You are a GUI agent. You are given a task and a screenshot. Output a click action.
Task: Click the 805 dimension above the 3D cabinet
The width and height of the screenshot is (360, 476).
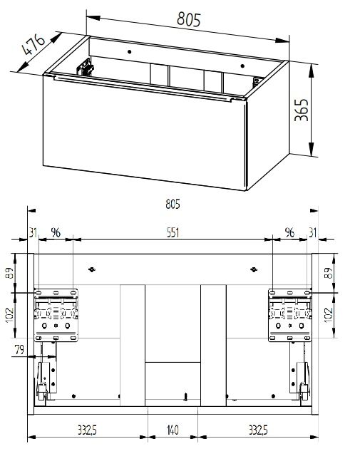point(189,19)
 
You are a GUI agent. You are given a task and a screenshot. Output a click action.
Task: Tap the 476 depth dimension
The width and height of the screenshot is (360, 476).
point(34,45)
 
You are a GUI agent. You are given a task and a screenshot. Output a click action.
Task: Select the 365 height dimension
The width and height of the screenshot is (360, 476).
point(302,110)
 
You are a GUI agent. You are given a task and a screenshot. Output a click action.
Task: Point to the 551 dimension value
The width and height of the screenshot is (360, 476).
point(173,233)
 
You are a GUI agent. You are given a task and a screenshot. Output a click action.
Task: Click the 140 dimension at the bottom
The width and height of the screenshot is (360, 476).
point(173,430)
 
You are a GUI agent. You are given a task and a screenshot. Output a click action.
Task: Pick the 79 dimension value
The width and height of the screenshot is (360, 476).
point(19,349)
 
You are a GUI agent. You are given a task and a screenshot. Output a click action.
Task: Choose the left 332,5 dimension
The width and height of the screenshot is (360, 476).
point(87,430)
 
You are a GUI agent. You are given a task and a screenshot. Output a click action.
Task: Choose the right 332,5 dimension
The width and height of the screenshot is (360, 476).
point(258,430)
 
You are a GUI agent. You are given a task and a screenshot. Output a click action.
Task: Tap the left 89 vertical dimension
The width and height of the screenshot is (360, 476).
point(9,273)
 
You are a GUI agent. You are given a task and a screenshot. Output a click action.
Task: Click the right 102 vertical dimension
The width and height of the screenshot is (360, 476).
point(329,315)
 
